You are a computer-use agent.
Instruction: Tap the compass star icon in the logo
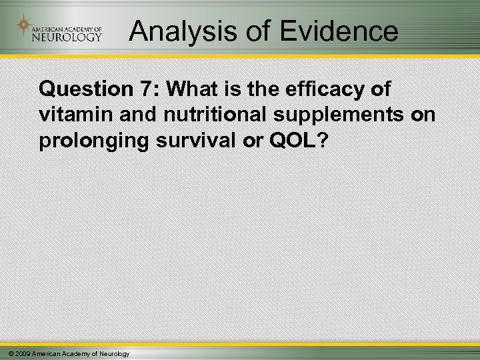24,26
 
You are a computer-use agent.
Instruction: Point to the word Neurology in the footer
114,353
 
